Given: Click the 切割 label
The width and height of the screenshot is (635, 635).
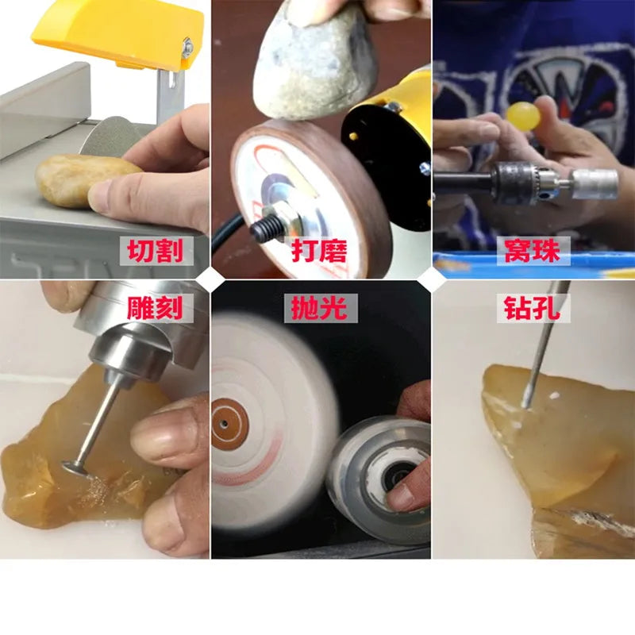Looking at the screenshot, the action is tap(156, 251).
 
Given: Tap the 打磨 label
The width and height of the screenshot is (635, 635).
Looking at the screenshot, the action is tap(320, 251).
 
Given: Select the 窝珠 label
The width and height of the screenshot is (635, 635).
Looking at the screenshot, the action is tap(533, 251).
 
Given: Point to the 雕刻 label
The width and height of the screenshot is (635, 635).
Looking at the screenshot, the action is tap(155, 308).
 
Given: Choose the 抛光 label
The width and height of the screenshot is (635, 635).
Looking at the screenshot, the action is tap(320, 308).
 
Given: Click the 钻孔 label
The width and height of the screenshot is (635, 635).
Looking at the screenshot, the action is tap(533, 308).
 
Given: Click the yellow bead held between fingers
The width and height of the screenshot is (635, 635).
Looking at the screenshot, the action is tap(523, 116).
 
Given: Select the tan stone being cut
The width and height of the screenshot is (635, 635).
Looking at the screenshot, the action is tap(81, 180).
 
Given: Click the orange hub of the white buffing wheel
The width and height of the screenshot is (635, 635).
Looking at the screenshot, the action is tap(229, 425).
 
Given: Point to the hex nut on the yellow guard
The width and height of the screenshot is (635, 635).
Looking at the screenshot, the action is tap(187, 48).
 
